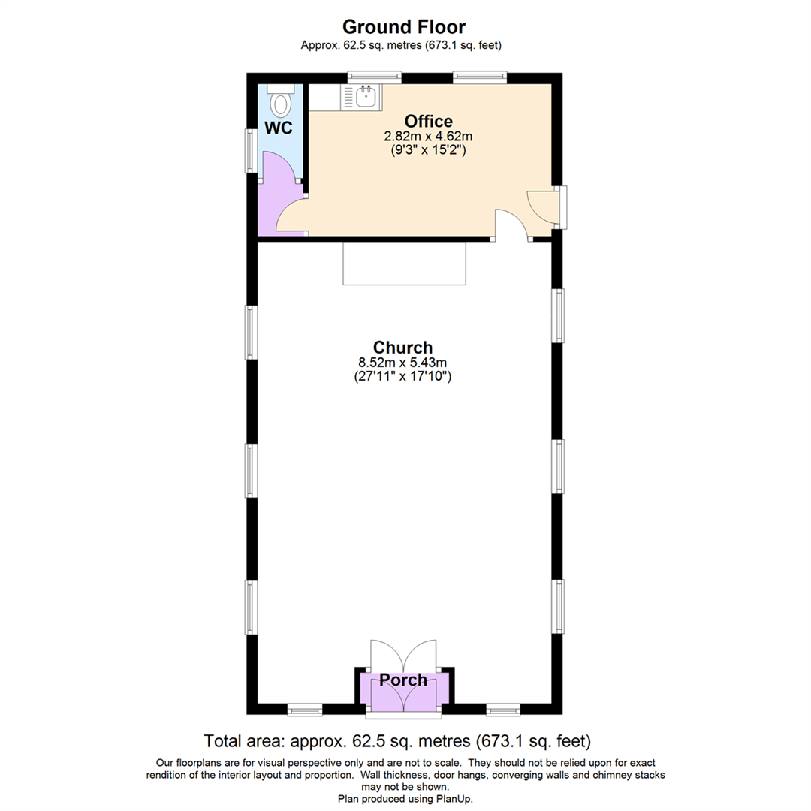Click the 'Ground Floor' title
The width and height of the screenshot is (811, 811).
[404, 27]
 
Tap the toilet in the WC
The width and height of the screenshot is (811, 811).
[281, 104]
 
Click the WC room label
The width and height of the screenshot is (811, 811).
[279, 128]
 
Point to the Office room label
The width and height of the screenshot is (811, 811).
[428, 121]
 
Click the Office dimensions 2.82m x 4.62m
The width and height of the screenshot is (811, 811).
[428, 136]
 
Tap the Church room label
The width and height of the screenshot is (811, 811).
[403, 348]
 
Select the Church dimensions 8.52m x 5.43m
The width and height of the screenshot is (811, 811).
[403, 363]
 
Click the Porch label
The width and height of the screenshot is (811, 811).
[403, 680]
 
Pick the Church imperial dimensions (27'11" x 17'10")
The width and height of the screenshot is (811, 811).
[403, 377]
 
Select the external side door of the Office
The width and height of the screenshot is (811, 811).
[542, 207]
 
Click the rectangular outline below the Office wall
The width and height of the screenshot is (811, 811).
[404, 263]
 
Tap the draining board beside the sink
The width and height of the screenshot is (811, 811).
[348, 96]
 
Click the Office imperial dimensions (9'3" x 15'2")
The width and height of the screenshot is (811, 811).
[428, 150]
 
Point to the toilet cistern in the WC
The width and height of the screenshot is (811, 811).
[281, 89]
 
